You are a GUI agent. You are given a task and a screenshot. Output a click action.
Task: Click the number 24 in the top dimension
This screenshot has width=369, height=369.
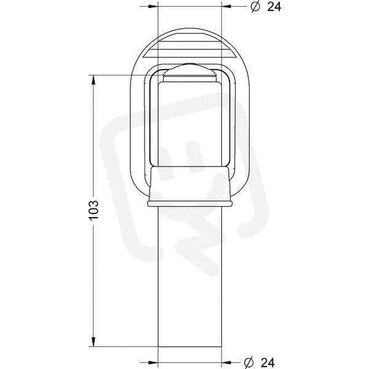[x=274, y=7]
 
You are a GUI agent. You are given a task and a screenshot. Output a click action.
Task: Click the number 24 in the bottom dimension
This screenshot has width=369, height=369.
[x=268, y=362]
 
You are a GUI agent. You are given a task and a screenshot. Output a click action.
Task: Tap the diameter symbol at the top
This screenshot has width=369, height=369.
[x=255, y=7]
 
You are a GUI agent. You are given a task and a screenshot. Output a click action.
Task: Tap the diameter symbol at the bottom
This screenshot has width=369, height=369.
[x=248, y=362]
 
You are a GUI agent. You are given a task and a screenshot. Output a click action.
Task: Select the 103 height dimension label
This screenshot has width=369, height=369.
[x=93, y=210]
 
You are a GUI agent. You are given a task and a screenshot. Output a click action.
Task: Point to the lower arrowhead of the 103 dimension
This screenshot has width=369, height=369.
[x=93, y=341]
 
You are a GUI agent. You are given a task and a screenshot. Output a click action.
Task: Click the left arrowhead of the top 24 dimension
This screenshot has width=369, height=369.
[x=153, y=6]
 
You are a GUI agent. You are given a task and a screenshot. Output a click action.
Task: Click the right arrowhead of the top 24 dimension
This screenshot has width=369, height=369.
[x=226, y=6]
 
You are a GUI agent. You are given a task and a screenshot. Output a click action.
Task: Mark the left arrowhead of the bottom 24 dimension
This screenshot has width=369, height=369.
[x=153, y=362]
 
